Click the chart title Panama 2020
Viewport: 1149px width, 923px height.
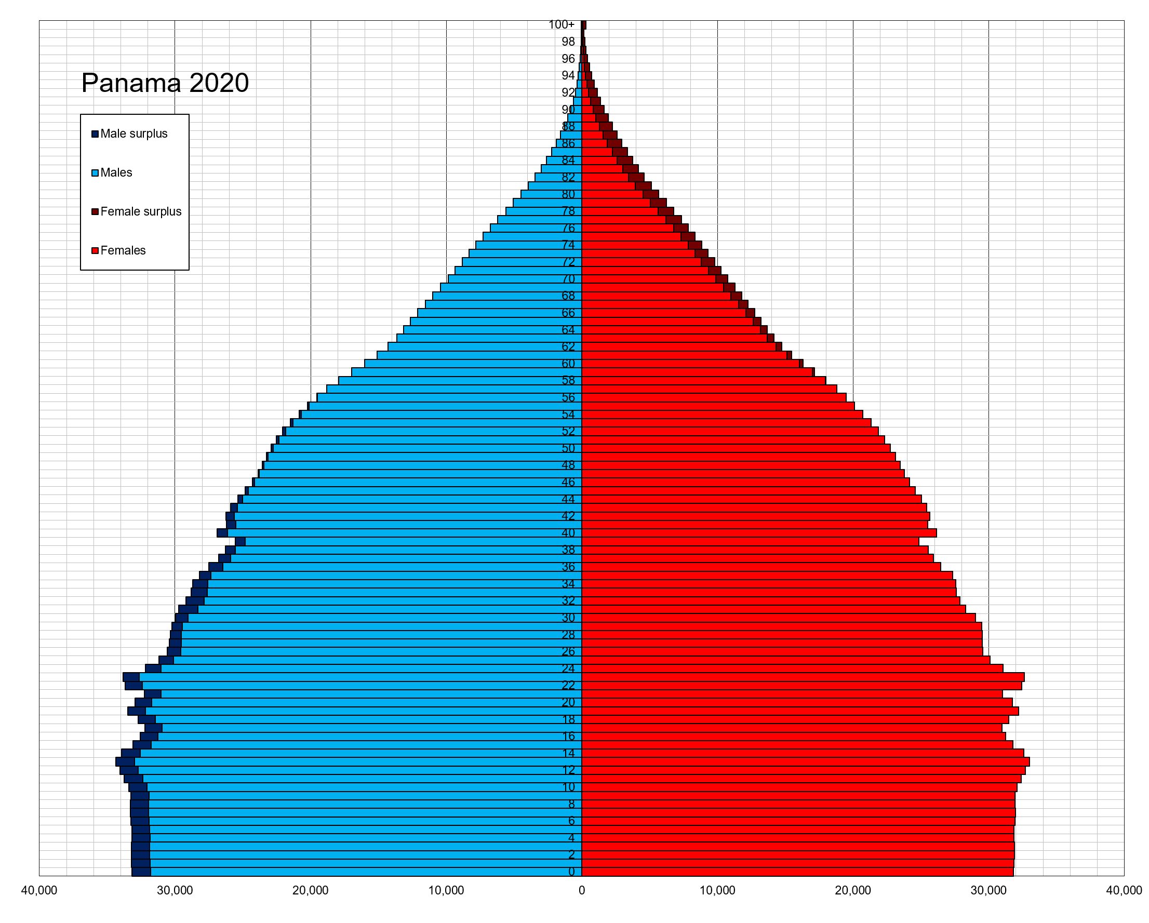(165, 83)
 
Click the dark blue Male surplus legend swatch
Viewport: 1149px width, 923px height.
(95, 134)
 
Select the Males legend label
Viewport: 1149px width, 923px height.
(116, 172)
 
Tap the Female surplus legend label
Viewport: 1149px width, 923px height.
(141, 211)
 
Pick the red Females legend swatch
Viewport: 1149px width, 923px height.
(95, 250)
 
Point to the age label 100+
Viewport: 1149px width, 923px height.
(561, 24)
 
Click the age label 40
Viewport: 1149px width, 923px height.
(568, 533)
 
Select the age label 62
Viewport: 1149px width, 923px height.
(568, 347)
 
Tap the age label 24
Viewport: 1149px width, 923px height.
(568, 669)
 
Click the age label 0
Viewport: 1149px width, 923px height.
(571, 872)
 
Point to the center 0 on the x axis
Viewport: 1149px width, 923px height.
(581, 890)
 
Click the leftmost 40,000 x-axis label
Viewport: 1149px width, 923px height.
(39, 890)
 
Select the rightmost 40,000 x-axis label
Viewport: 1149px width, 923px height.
(1124, 890)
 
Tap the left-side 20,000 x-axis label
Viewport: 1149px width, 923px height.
(310, 890)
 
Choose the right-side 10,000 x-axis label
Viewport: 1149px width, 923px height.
(717, 890)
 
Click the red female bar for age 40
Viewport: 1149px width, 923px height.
(757, 533)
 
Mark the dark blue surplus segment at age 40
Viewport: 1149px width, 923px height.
(222, 533)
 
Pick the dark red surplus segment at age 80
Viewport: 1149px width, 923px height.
(651, 194)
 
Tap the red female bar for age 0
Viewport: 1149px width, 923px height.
(799, 872)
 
